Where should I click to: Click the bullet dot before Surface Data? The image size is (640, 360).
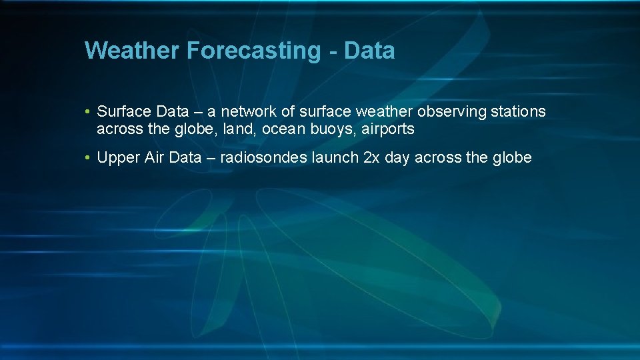[88, 112]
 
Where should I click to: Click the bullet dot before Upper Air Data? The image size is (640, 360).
[88, 159]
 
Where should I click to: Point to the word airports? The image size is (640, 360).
[388, 129]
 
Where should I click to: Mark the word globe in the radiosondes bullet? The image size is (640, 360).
[512, 158]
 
